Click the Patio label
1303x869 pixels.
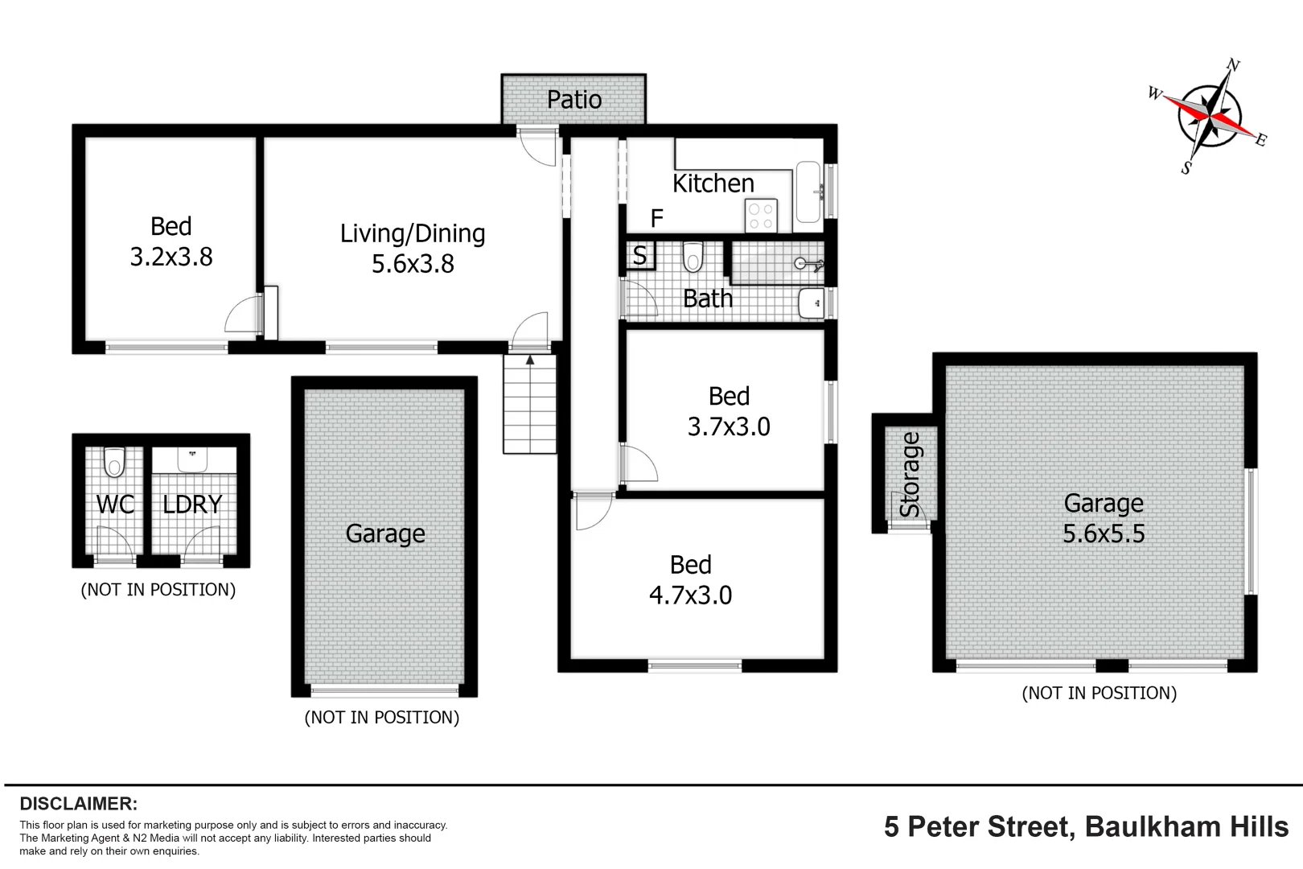[573, 100]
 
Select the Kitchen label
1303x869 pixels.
[713, 183]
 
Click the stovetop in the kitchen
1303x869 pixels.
[760, 216]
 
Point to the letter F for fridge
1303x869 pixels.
[656, 218]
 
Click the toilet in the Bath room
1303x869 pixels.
[693, 257]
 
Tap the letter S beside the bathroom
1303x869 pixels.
[639, 256]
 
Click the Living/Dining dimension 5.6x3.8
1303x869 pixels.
[413, 264]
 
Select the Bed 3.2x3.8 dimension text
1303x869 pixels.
[171, 257]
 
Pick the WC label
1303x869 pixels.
[115, 505]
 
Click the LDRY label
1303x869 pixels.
[192, 505]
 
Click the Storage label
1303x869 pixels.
[910, 475]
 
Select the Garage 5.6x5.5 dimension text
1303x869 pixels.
[1104, 533]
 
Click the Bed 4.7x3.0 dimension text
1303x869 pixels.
[690, 595]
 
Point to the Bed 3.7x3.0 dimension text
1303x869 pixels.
[729, 426]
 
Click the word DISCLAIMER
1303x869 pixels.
[79, 804]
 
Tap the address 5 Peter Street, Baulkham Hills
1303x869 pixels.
[1086, 826]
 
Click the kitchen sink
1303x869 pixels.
[808, 192]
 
